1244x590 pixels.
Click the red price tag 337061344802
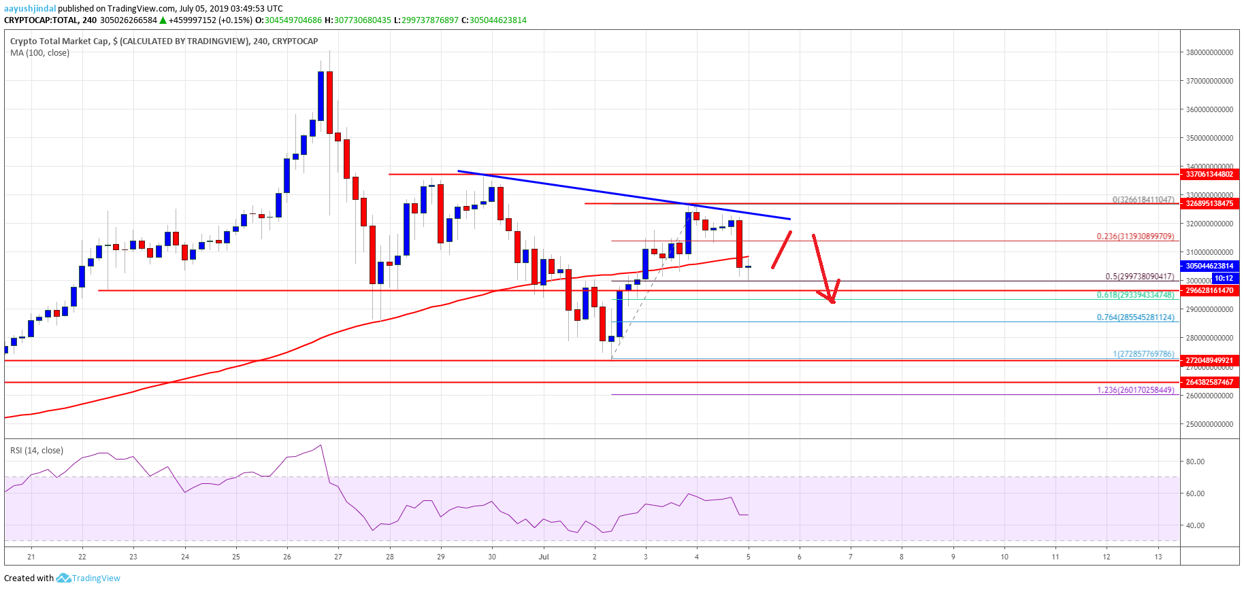click(1209, 174)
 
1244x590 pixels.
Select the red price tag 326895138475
click(1209, 203)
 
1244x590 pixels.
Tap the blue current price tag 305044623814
click(1209, 266)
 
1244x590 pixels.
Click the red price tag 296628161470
click(1209, 290)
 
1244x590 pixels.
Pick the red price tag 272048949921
click(1209, 360)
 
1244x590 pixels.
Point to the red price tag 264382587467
click(1209, 382)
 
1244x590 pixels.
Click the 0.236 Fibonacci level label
click(1134, 237)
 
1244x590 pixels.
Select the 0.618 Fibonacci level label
click(1134, 295)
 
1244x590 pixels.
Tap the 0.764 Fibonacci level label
click(1134, 317)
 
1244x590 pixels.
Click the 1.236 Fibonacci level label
click(1134, 390)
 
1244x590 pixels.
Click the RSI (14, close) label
click(37, 451)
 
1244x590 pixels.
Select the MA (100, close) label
click(39, 53)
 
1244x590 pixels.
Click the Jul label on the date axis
click(543, 557)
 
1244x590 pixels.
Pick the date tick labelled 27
click(338, 557)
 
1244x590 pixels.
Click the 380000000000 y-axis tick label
click(1209, 52)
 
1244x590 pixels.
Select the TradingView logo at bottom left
click(88, 578)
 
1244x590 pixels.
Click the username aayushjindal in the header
click(30, 8)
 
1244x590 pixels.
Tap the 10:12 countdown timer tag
click(1224, 278)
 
